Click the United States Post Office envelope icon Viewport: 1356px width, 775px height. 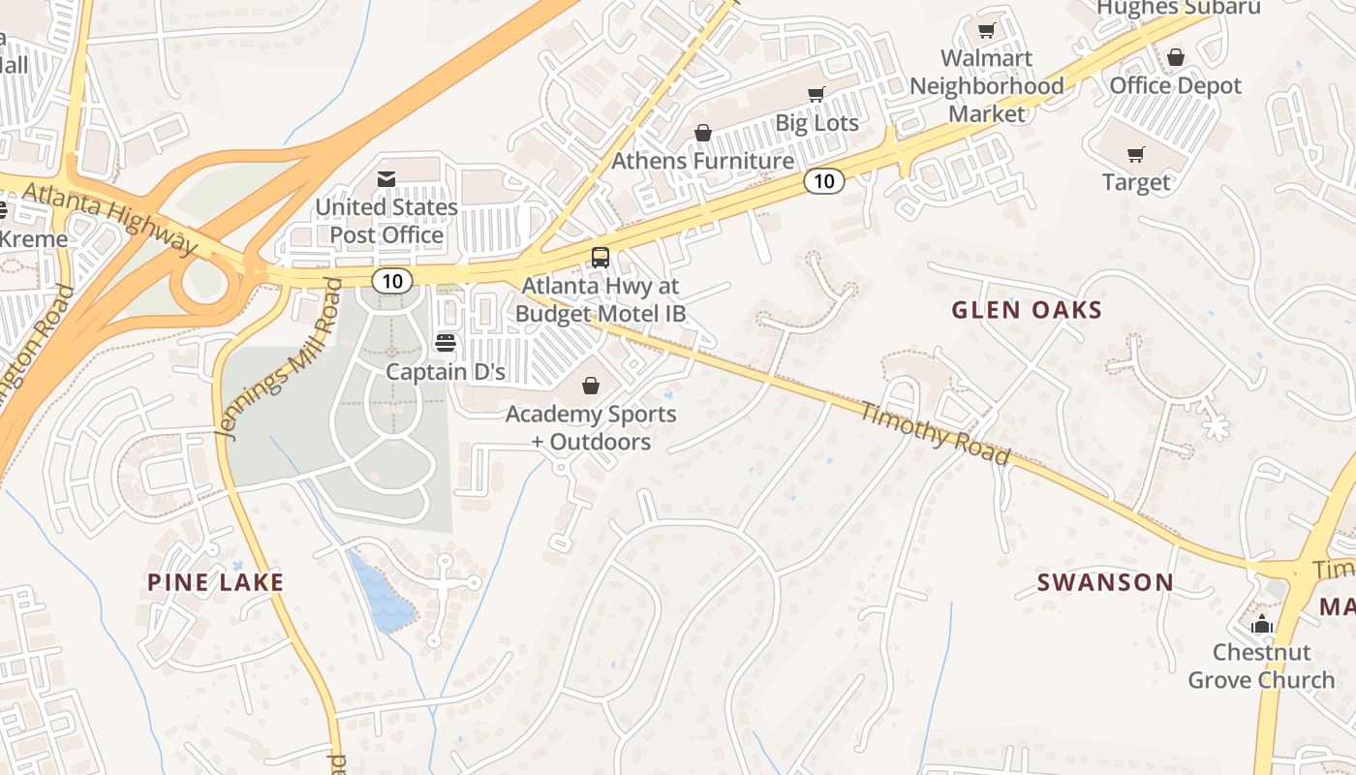[x=386, y=178]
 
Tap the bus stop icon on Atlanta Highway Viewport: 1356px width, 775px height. [x=601, y=258]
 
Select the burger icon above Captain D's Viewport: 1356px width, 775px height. [x=446, y=342]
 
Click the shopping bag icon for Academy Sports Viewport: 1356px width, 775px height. [x=591, y=386]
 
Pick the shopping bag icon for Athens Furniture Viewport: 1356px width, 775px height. [x=703, y=133]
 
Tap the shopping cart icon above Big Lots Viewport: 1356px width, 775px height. [x=817, y=94]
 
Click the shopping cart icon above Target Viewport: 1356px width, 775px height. [x=1136, y=154]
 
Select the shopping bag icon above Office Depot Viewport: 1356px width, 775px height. [x=1176, y=57]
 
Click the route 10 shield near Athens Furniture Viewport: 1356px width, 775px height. [x=823, y=180]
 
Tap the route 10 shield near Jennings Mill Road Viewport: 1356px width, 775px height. [x=391, y=281]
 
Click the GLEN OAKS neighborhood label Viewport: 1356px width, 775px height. [x=1027, y=310]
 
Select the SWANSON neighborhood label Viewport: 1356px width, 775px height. [x=1105, y=582]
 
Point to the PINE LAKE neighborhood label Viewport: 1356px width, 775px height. [x=215, y=582]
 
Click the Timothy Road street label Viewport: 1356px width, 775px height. [x=936, y=433]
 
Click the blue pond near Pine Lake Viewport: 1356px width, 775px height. [x=384, y=593]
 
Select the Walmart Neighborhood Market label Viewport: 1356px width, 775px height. [x=986, y=85]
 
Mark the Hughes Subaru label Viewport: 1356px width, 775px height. [x=1178, y=9]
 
